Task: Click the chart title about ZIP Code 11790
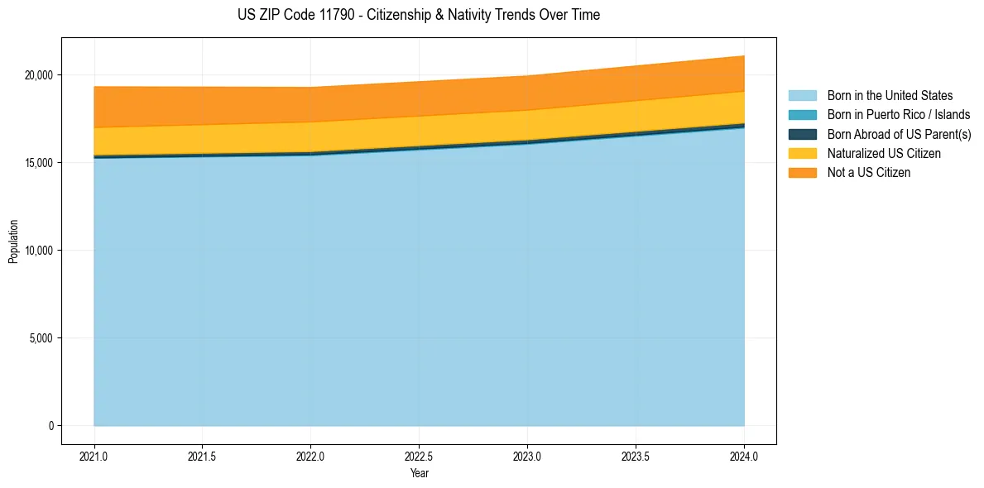coord(419,15)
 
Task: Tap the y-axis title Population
coord(13,242)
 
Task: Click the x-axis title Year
coord(419,473)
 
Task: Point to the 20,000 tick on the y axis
coord(38,75)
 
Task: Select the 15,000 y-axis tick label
coord(38,163)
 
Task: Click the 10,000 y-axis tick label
coord(38,251)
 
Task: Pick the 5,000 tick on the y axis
coord(41,338)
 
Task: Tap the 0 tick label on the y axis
coord(50,426)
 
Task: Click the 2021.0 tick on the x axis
coord(94,455)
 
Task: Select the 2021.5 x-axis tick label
coord(203,455)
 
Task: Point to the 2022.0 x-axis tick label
coord(311,455)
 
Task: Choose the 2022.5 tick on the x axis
coord(420,455)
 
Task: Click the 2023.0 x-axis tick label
coord(527,455)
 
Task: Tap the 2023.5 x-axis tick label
coord(636,455)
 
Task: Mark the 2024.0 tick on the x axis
coord(744,455)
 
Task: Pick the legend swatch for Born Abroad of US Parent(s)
coord(802,134)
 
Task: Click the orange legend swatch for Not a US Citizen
coord(802,173)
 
